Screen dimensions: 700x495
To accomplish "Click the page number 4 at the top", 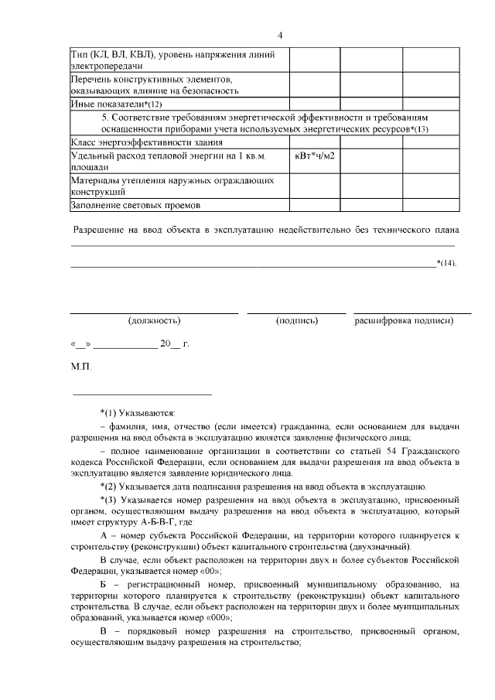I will click(x=281, y=36).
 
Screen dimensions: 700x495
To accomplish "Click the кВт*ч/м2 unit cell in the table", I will click(x=316, y=156).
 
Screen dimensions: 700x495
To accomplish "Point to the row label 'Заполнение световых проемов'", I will click(x=135, y=206).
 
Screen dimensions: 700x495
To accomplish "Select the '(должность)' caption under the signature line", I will click(x=154, y=320).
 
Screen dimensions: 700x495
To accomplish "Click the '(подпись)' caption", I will click(x=297, y=320).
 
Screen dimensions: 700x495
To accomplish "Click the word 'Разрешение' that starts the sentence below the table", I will click(x=97, y=230).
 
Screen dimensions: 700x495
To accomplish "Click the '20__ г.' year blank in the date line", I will click(x=173, y=344).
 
